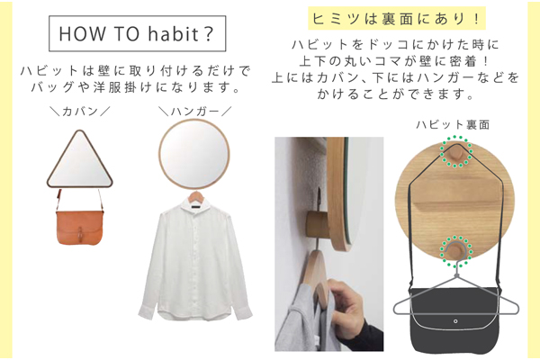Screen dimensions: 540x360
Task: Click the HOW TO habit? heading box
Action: click(138, 33)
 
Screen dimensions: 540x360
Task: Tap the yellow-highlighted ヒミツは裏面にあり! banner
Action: click(396, 19)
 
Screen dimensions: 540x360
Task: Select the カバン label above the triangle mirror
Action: click(80, 112)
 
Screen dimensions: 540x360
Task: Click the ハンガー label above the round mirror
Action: click(195, 112)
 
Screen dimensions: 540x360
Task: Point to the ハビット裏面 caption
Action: click(453, 124)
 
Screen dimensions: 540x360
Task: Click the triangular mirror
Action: click(80, 160)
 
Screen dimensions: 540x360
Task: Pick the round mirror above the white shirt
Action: click(194, 154)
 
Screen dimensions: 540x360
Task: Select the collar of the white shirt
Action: click(195, 206)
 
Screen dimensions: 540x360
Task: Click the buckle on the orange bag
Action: click(80, 234)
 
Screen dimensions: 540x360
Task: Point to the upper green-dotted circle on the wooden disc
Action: click(455, 152)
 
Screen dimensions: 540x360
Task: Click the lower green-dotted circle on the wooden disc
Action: click(455, 251)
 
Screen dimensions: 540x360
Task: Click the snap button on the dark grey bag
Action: click(455, 321)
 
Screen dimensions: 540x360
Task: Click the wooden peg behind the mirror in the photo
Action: click(318, 224)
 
